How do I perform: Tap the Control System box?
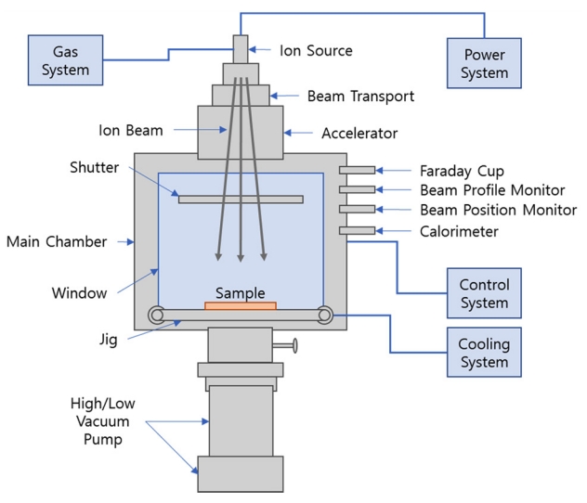click(484, 292)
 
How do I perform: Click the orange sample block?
click(241, 305)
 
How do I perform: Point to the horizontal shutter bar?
click(241, 199)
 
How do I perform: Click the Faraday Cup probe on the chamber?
click(358, 170)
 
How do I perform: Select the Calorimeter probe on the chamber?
click(358, 230)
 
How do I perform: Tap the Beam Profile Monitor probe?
click(358, 190)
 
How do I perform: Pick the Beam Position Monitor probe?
click(358, 210)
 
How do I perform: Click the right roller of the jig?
click(325, 315)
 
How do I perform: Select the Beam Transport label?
click(347, 95)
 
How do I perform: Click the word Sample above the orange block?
click(241, 292)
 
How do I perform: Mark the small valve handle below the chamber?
click(293, 347)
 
